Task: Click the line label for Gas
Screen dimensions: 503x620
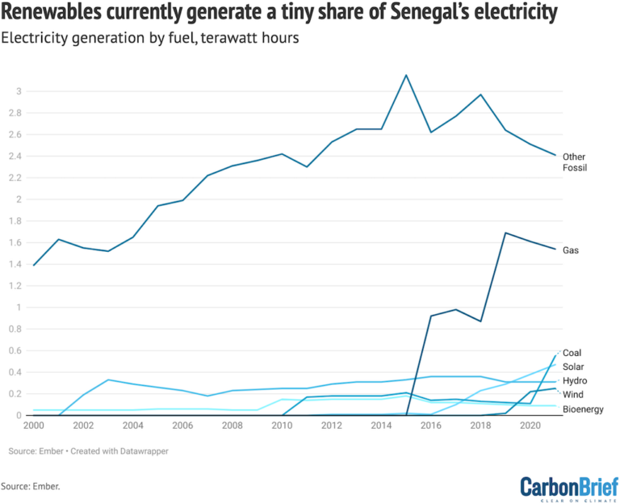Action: point(571,250)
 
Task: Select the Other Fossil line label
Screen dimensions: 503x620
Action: point(574,162)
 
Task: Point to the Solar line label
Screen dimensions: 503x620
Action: point(574,367)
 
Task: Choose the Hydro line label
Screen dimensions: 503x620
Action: point(575,381)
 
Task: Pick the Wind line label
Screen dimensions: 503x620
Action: point(573,395)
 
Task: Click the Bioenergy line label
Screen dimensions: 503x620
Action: point(583,409)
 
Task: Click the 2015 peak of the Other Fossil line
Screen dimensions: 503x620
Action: point(405,75)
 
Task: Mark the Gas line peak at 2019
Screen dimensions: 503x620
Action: point(505,233)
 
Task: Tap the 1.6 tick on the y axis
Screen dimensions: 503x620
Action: point(18,242)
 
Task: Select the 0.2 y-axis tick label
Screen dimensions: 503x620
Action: point(18,393)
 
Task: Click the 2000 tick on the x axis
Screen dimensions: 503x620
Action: point(33,425)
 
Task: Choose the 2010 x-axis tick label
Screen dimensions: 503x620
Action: point(281,425)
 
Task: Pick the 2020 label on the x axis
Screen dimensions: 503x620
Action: point(530,425)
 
